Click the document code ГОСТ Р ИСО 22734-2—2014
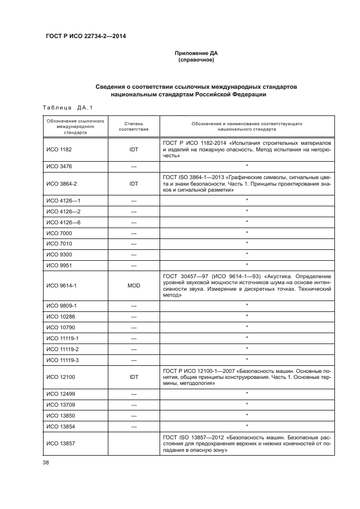coord(83,36)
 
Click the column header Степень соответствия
coord(133,126)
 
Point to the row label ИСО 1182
coord(58,148)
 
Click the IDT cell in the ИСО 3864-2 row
coord(133,184)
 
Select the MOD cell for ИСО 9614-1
coord(133,285)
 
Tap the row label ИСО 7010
coord(58,243)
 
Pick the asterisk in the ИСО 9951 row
coord(247,265)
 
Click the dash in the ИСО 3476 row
coord(133,165)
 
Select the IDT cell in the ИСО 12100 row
coord(133,376)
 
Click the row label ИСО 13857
coord(59,444)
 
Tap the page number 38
coord(46,463)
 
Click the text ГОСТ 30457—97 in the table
coord(185,276)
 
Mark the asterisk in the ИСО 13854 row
coord(247,426)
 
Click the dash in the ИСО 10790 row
coord(133,327)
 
